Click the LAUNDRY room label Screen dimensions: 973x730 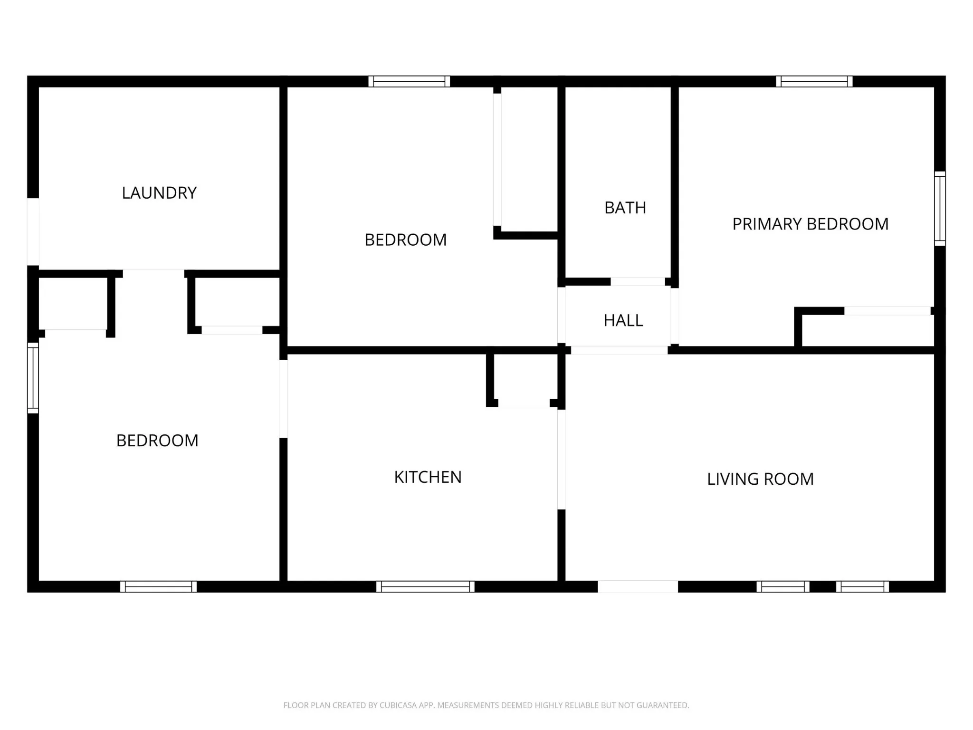coord(159,193)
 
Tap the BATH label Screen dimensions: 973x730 coord(625,208)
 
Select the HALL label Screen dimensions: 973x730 coord(623,321)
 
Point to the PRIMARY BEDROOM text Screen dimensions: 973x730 coord(811,224)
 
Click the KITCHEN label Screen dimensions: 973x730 coord(428,477)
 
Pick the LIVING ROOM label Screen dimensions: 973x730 coord(761,479)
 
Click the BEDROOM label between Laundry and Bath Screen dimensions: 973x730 coord(406,240)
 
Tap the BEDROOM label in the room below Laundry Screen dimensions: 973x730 coord(157,441)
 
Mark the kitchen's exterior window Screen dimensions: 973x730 coord(426,586)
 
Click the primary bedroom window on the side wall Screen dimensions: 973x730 coord(940,209)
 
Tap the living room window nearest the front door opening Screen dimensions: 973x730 coord(783,586)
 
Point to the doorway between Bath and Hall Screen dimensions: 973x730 coord(638,282)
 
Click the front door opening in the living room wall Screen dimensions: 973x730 coord(638,586)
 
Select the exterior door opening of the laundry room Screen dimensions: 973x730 coord(33,231)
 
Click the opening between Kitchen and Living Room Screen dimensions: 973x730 coord(561,459)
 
